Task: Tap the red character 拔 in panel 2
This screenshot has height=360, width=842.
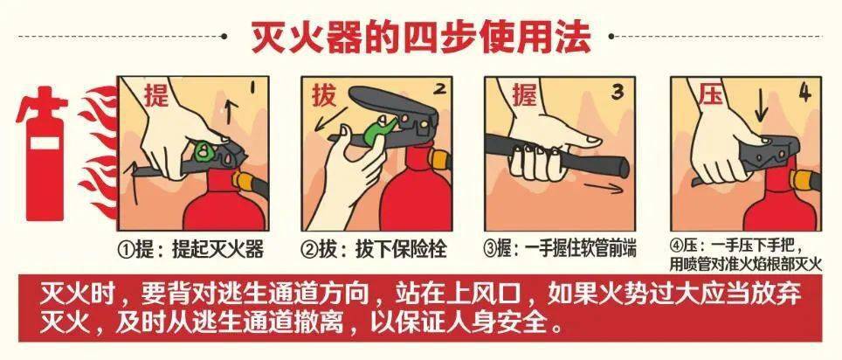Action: [325, 95]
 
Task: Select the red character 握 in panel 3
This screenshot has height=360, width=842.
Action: [524, 95]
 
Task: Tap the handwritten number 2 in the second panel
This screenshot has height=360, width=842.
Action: [440, 88]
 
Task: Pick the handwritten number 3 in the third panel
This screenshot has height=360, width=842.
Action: [618, 92]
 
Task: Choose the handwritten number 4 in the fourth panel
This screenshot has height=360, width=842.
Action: [804, 92]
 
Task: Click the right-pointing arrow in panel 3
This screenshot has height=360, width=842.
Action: [604, 188]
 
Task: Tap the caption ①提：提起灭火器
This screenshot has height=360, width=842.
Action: [191, 250]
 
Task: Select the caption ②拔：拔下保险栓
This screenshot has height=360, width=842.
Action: [375, 250]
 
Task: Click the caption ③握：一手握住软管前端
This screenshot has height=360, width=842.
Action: [560, 249]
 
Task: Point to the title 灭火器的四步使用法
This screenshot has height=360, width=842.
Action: [421, 37]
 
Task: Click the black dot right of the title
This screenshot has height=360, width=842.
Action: [611, 37]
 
